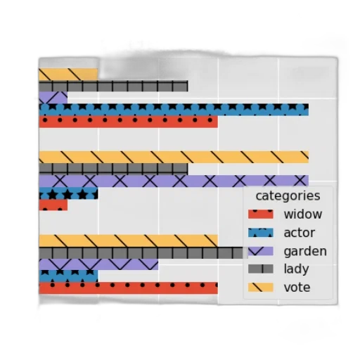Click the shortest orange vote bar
coord(68,75)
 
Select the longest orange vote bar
coord(174,157)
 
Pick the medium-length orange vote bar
coord(128,240)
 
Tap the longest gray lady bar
coord(143,253)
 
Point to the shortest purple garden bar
coord(53,98)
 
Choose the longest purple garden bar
coord(174,181)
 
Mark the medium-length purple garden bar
coord(98,264)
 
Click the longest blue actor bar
coord(174,110)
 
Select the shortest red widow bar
coord(53,205)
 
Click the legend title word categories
coord(288,195)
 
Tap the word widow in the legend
coord(303,214)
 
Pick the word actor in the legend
coord(300,233)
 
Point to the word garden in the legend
coord(305,251)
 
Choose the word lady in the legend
coord(296,269)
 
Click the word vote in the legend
coord(297,288)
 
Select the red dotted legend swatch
coord(261,214)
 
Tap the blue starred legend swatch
coord(261,233)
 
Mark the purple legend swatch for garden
coord(261,251)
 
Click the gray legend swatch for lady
coord(261,269)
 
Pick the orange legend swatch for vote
coord(261,288)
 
